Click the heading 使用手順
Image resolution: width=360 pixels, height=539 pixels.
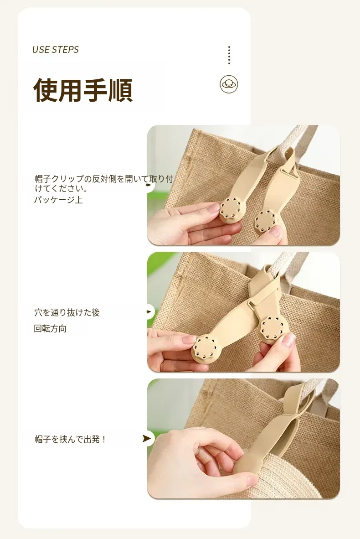[x=83, y=90]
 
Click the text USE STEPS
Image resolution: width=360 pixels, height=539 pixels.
[x=55, y=50]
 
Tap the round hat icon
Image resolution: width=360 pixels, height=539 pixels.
[x=229, y=84]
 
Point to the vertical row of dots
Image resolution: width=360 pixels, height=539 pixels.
[x=229, y=55]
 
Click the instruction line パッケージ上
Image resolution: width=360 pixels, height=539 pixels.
[x=58, y=200]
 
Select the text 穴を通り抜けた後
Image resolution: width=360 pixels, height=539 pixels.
[x=67, y=312]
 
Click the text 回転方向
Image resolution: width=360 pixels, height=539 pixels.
[x=50, y=329]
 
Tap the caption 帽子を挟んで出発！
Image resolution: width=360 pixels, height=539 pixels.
[x=71, y=439]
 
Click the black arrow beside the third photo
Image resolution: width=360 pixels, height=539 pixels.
[x=147, y=438]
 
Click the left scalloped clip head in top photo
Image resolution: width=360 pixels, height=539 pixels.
[x=230, y=210]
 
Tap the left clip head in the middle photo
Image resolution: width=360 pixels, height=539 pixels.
[x=206, y=347]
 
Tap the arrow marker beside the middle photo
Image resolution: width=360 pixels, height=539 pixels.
[x=149, y=312]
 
